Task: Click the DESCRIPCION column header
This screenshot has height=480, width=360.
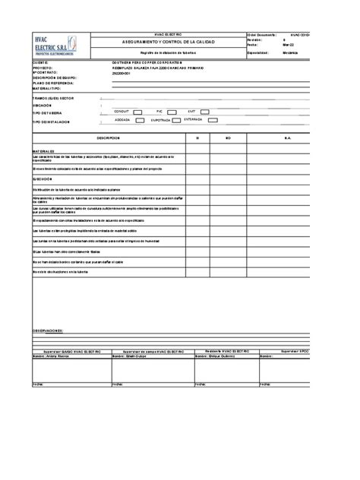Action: click(x=109, y=137)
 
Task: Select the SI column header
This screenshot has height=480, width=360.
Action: click(x=197, y=137)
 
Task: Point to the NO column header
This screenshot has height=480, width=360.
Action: click(x=228, y=137)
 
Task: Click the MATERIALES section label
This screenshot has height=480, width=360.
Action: click(x=43, y=151)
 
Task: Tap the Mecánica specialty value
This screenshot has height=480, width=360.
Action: click(x=290, y=53)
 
